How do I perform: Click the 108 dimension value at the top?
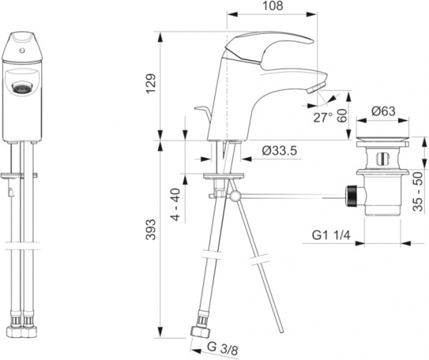(x=272, y=6)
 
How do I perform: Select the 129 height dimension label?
(x=151, y=84)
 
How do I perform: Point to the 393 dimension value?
(x=151, y=229)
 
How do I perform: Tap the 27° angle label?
(x=323, y=118)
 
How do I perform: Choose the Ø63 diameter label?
(x=383, y=111)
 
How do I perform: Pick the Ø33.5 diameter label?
(x=280, y=151)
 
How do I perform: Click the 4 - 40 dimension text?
(x=176, y=204)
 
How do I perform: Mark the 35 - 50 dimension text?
(x=418, y=191)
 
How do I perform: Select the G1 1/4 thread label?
(x=331, y=235)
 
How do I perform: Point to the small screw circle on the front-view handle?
(x=21, y=51)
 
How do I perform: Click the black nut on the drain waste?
(x=351, y=196)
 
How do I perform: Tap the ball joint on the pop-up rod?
(x=235, y=196)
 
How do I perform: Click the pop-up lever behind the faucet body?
(x=204, y=113)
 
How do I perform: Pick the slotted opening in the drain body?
(x=383, y=159)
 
